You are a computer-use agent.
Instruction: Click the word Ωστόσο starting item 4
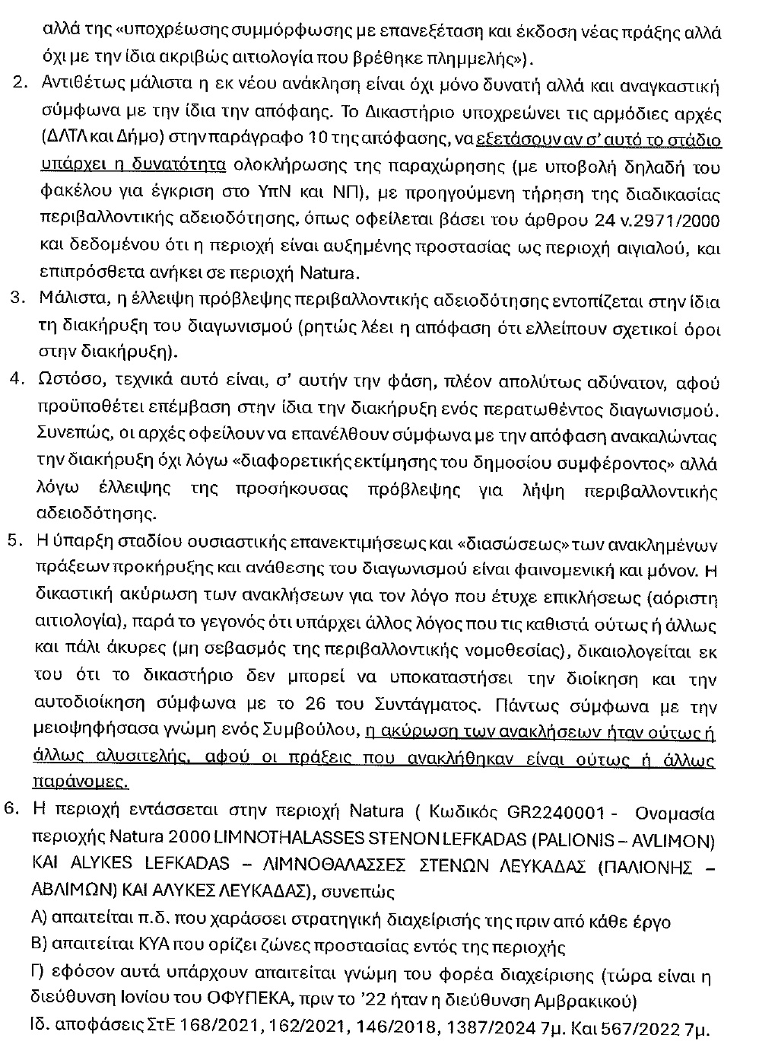click(x=62, y=381)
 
